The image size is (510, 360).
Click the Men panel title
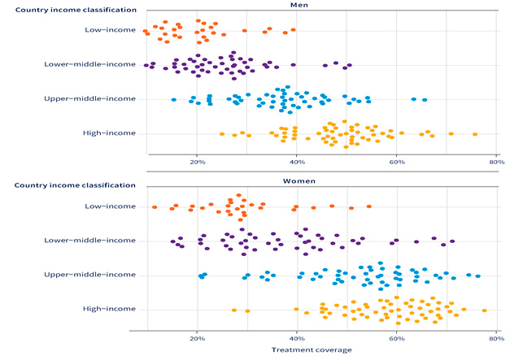click(x=321, y=5)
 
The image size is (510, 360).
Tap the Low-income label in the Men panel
click(x=110, y=30)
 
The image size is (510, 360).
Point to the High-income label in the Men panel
click(x=109, y=132)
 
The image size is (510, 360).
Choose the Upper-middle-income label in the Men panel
click(x=99, y=98)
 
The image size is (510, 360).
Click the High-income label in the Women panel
click(x=109, y=309)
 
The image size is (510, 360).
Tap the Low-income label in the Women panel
click(x=110, y=206)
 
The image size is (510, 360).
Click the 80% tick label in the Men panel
click(x=496, y=161)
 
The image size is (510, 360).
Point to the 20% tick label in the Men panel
click(x=196, y=161)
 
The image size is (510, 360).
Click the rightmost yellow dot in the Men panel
click(x=475, y=134)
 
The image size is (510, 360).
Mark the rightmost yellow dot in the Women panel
click(x=484, y=310)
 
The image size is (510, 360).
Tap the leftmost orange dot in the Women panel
click(x=154, y=207)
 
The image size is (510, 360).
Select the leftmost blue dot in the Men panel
click(x=174, y=100)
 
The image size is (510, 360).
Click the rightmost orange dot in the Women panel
click(x=368, y=206)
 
